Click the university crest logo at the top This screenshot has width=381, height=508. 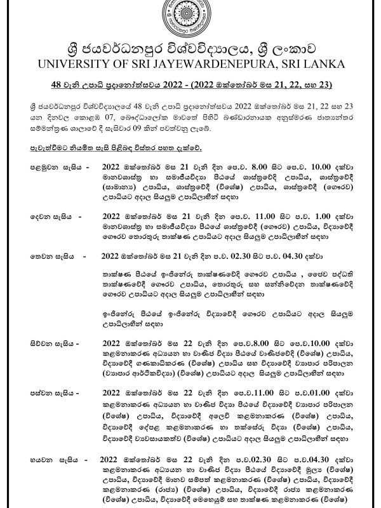click(190, 21)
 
